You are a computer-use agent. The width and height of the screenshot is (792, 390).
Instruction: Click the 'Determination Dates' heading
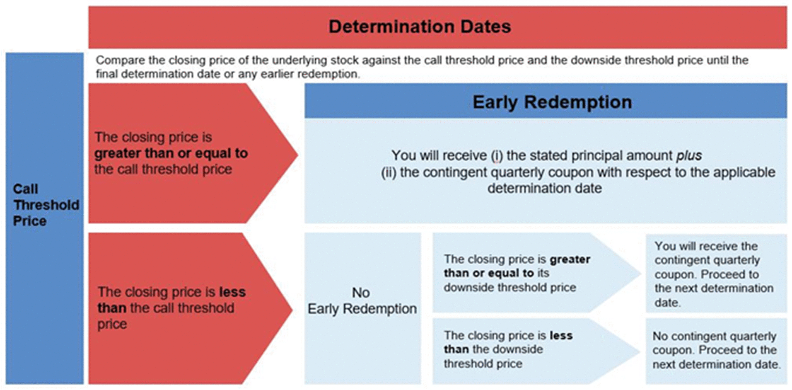(x=420, y=26)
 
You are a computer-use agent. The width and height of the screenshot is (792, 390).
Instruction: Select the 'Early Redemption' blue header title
(x=552, y=102)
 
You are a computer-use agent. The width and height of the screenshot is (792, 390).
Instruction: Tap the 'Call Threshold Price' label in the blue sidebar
(x=46, y=205)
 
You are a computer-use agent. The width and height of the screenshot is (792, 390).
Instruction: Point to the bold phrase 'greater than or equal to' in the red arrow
(x=171, y=153)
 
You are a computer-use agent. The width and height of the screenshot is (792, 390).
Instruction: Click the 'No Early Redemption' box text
(x=362, y=301)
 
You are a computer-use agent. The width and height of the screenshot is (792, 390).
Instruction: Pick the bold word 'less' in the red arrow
(x=232, y=292)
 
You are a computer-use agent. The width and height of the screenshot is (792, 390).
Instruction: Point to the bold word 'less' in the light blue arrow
(x=561, y=335)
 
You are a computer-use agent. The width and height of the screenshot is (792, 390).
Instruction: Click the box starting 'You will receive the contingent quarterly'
(x=716, y=273)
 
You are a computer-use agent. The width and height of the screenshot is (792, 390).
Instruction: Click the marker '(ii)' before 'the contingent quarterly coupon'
(x=389, y=172)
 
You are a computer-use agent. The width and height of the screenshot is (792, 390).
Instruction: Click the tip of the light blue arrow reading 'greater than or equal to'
(x=640, y=273)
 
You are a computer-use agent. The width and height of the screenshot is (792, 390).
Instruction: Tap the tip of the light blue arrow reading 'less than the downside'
(x=640, y=351)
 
